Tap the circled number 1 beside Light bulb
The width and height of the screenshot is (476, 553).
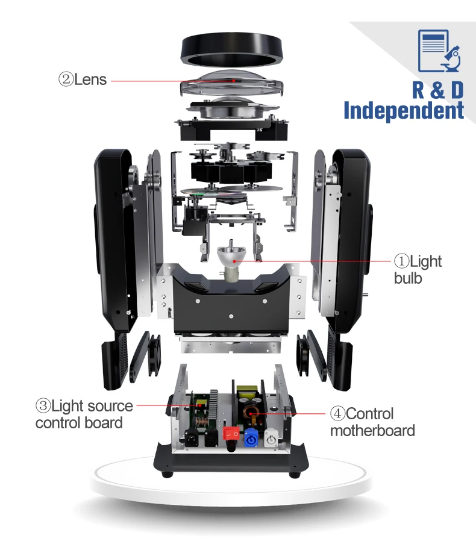point(401,261)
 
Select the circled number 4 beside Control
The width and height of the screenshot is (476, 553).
point(337,414)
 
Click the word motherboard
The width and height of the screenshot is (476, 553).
point(372,431)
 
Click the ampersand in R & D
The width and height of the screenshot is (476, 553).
point(437,90)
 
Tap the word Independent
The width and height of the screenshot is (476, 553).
point(404,111)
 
